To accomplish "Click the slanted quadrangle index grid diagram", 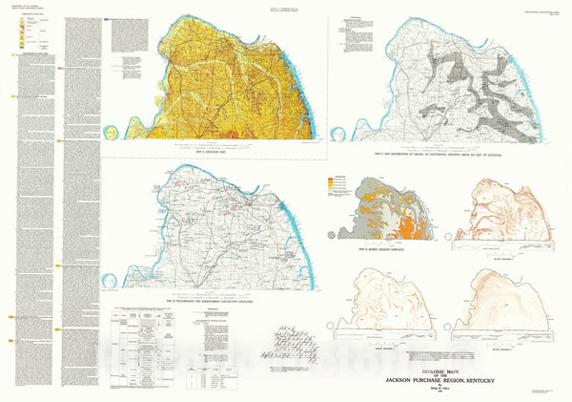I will pos(293,340).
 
